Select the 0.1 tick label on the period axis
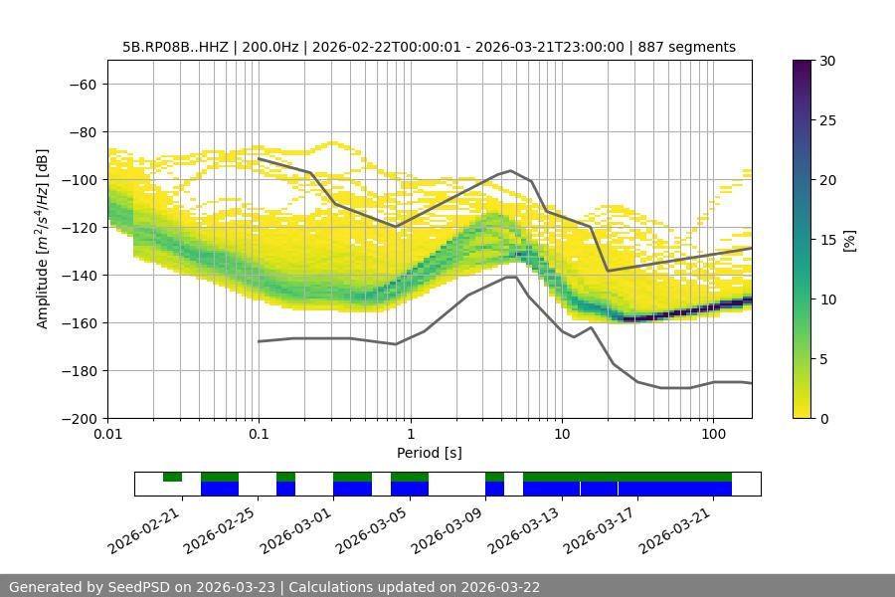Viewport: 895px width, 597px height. (259, 434)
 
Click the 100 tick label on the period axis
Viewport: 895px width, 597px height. (713, 434)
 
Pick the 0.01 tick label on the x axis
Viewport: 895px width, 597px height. (107, 434)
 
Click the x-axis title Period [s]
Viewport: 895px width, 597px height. (430, 453)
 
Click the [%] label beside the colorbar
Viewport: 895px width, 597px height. (849, 240)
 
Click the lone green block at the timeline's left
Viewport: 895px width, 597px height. (172, 477)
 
